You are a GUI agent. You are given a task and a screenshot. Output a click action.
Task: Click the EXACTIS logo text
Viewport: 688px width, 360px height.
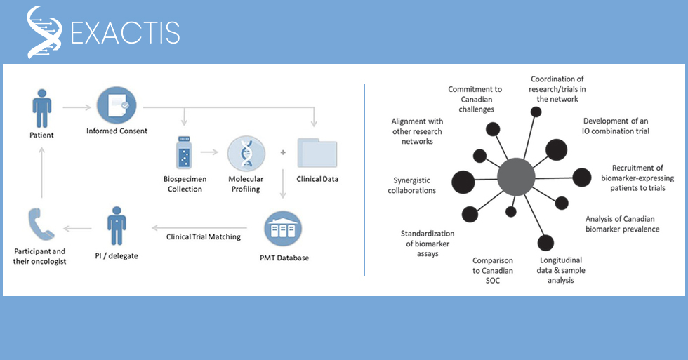click(x=125, y=32)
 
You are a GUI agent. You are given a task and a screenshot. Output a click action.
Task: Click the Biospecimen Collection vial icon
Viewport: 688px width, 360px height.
click(x=185, y=156)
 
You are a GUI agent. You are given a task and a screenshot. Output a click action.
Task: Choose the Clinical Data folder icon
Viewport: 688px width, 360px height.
click(x=317, y=153)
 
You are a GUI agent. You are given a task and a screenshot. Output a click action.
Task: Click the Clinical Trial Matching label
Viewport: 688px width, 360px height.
click(x=204, y=236)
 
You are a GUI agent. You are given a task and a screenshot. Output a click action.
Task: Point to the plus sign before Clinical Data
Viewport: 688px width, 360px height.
click(x=282, y=152)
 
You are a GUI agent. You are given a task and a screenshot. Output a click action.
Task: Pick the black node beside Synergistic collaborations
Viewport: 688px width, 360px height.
click(x=462, y=182)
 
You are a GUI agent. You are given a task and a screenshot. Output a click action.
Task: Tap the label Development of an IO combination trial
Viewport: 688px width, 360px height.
click(x=616, y=126)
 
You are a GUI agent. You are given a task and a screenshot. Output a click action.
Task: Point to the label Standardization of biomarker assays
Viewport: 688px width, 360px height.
click(x=428, y=244)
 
